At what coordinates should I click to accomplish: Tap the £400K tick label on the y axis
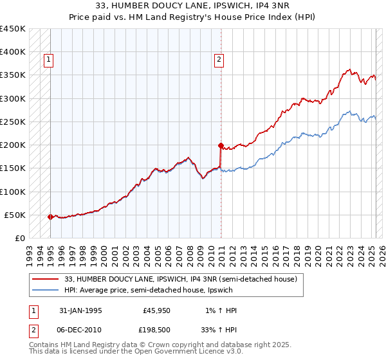[13, 52]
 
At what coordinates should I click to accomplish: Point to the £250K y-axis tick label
[13, 122]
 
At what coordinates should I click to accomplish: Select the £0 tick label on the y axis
[20, 238]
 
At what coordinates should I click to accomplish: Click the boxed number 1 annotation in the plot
[49, 60]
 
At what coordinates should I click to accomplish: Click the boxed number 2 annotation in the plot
[219, 60]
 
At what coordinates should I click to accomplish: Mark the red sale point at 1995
[51, 217]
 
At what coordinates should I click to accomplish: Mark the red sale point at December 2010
[221, 145]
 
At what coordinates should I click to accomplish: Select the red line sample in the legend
[46, 279]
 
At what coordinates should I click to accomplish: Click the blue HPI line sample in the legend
[46, 289]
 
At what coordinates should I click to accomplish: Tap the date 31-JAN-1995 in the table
[80, 310]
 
